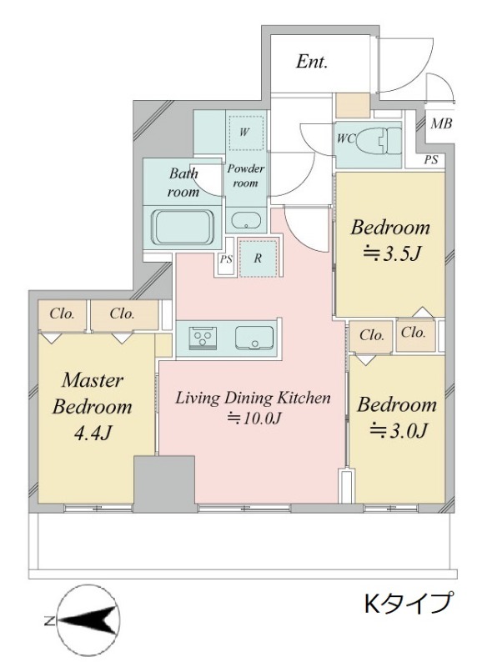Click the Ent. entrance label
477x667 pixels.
click(312, 62)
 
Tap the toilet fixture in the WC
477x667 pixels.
click(379, 139)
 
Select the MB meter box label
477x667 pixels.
click(441, 123)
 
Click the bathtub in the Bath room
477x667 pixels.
click(183, 227)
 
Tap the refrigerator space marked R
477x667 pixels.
click(258, 258)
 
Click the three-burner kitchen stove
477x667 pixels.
click(203, 338)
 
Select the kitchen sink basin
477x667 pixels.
click(254, 338)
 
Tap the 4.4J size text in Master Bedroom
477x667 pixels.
click(93, 433)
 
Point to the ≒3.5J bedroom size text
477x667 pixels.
click(391, 254)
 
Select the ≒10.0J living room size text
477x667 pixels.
click(254, 419)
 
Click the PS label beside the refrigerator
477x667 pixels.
click(225, 259)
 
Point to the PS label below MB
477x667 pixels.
click(430, 160)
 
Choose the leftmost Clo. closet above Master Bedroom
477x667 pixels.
click(62, 314)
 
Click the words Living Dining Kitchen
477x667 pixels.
click(253, 398)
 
